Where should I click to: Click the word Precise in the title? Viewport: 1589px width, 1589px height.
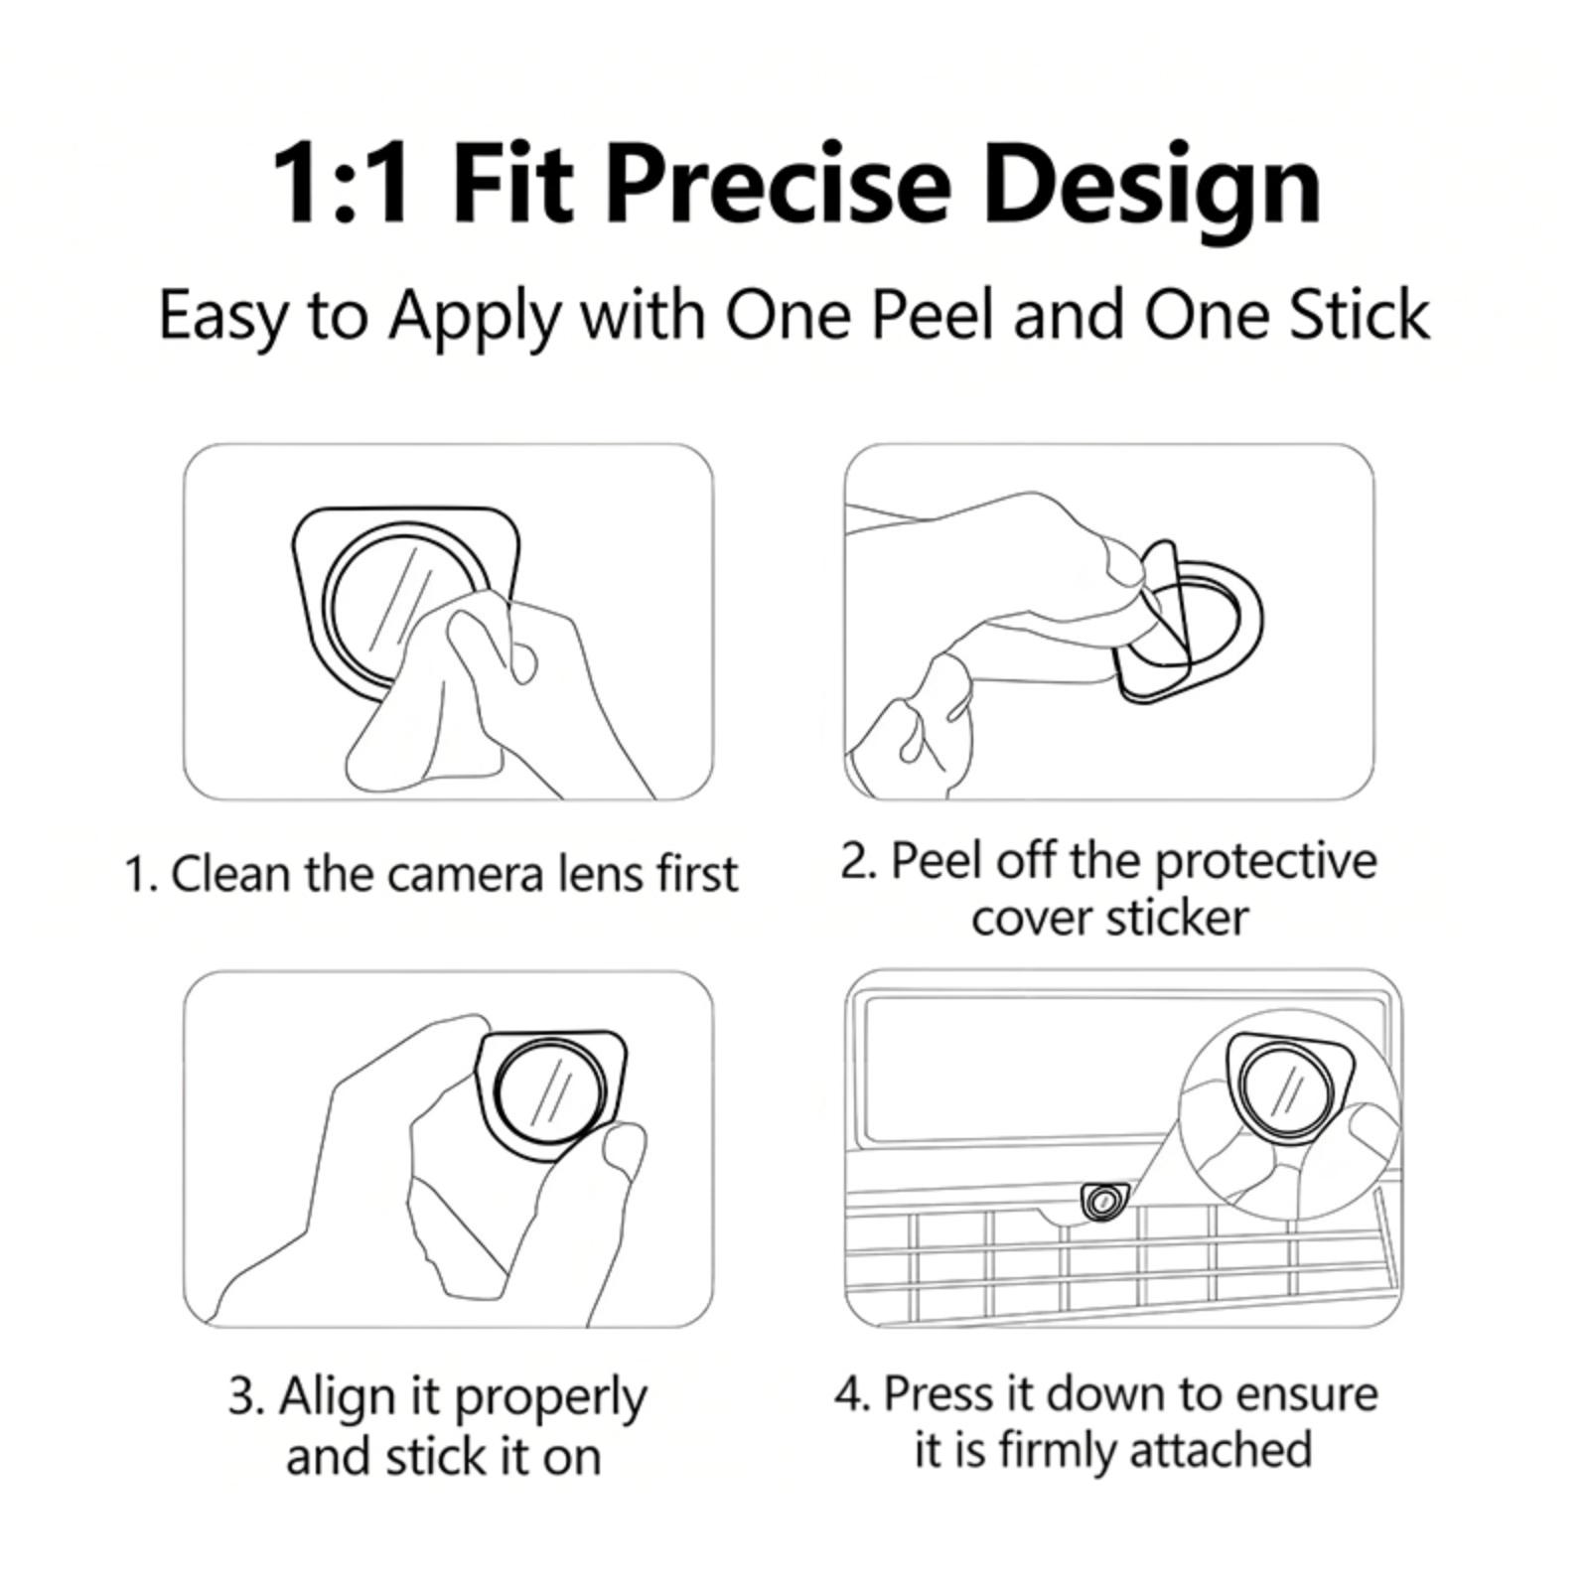coord(776,184)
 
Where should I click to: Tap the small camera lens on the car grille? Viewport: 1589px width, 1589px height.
coord(1100,1203)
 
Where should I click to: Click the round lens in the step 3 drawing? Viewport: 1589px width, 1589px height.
coord(548,1090)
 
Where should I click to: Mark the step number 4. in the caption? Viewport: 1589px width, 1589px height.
coord(852,1393)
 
